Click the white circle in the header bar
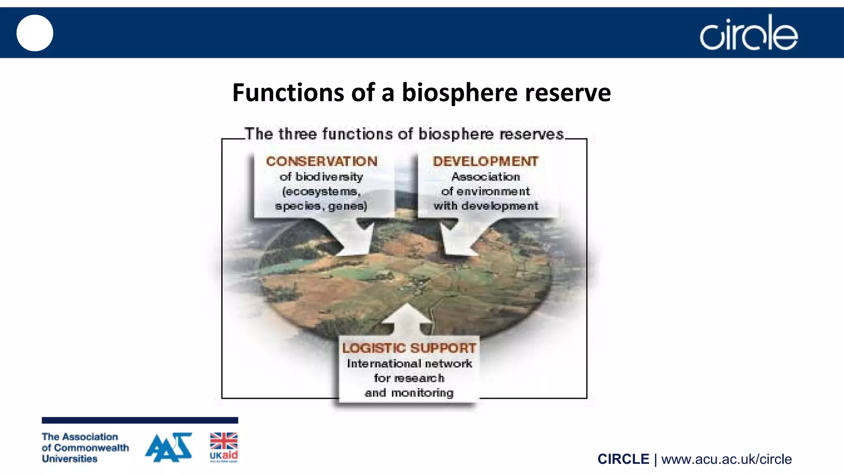35,33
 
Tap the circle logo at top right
748,33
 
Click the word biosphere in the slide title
460,93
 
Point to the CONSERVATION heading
321,161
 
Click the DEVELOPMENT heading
485,161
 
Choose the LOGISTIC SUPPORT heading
409,348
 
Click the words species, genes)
321,206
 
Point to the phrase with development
485,206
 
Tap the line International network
409,363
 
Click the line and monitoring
409,393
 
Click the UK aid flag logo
224,447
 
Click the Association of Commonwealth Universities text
85,447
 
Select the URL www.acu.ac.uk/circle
726,459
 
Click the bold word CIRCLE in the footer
623,459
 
